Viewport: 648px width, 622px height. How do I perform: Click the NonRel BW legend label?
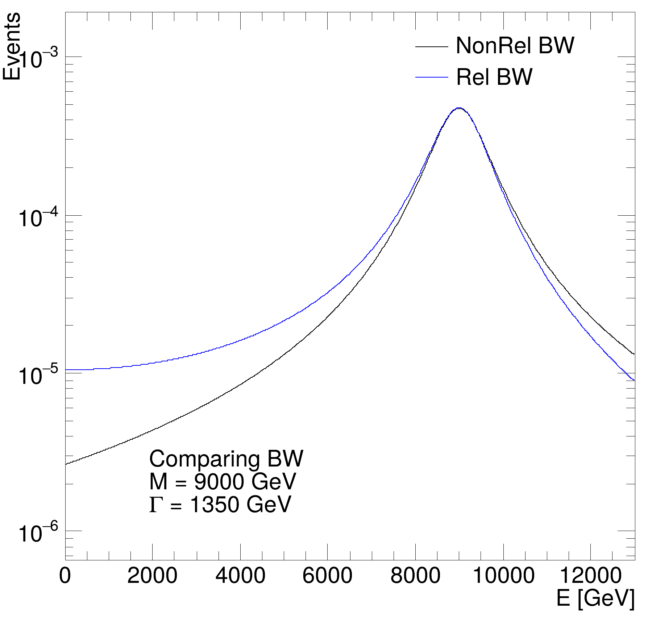tap(515, 46)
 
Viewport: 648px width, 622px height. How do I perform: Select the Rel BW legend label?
tap(494, 77)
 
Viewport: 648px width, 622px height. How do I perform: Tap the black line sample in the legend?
tap(432, 47)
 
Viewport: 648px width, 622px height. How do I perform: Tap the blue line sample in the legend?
tap(432, 77)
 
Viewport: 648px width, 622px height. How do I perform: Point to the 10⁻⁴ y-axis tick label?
tap(38, 217)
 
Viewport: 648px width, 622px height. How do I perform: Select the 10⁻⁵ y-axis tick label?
tap(38, 376)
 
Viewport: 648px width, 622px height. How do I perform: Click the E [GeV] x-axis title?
tap(595, 598)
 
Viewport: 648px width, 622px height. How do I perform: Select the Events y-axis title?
tap(12, 46)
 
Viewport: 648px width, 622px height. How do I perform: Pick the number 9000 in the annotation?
tap(216, 482)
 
